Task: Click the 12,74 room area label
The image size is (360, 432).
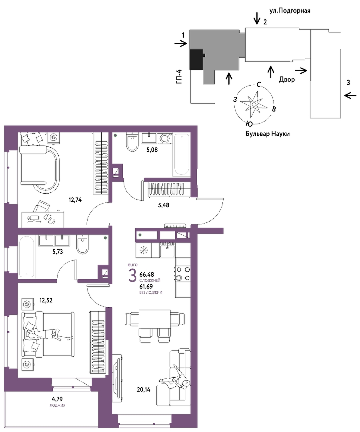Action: tap(75, 200)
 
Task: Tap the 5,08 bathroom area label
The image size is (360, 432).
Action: tap(152, 150)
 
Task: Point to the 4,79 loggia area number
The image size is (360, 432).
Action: tap(58, 398)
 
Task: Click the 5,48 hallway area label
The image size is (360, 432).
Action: tap(164, 205)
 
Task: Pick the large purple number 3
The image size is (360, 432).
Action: tap(132, 276)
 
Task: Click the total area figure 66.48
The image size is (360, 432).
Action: tap(147, 274)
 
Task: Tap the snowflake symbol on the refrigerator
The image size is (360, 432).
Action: tap(144, 250)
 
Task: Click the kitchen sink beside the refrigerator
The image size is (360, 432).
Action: tap(167, 250)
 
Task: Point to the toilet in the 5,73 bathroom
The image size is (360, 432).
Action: tap(82, 245)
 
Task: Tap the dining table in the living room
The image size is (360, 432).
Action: tap(154, 319)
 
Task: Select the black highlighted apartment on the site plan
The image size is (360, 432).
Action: tap(197, 59)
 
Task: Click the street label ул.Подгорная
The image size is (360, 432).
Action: tap(290, 11)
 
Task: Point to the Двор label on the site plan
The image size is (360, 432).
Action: tap(287, 79)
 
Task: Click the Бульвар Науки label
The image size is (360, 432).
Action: tap(268, 134)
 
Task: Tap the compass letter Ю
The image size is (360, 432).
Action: tap(249, 123)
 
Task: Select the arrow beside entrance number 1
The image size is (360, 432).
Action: tap(181, 44)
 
